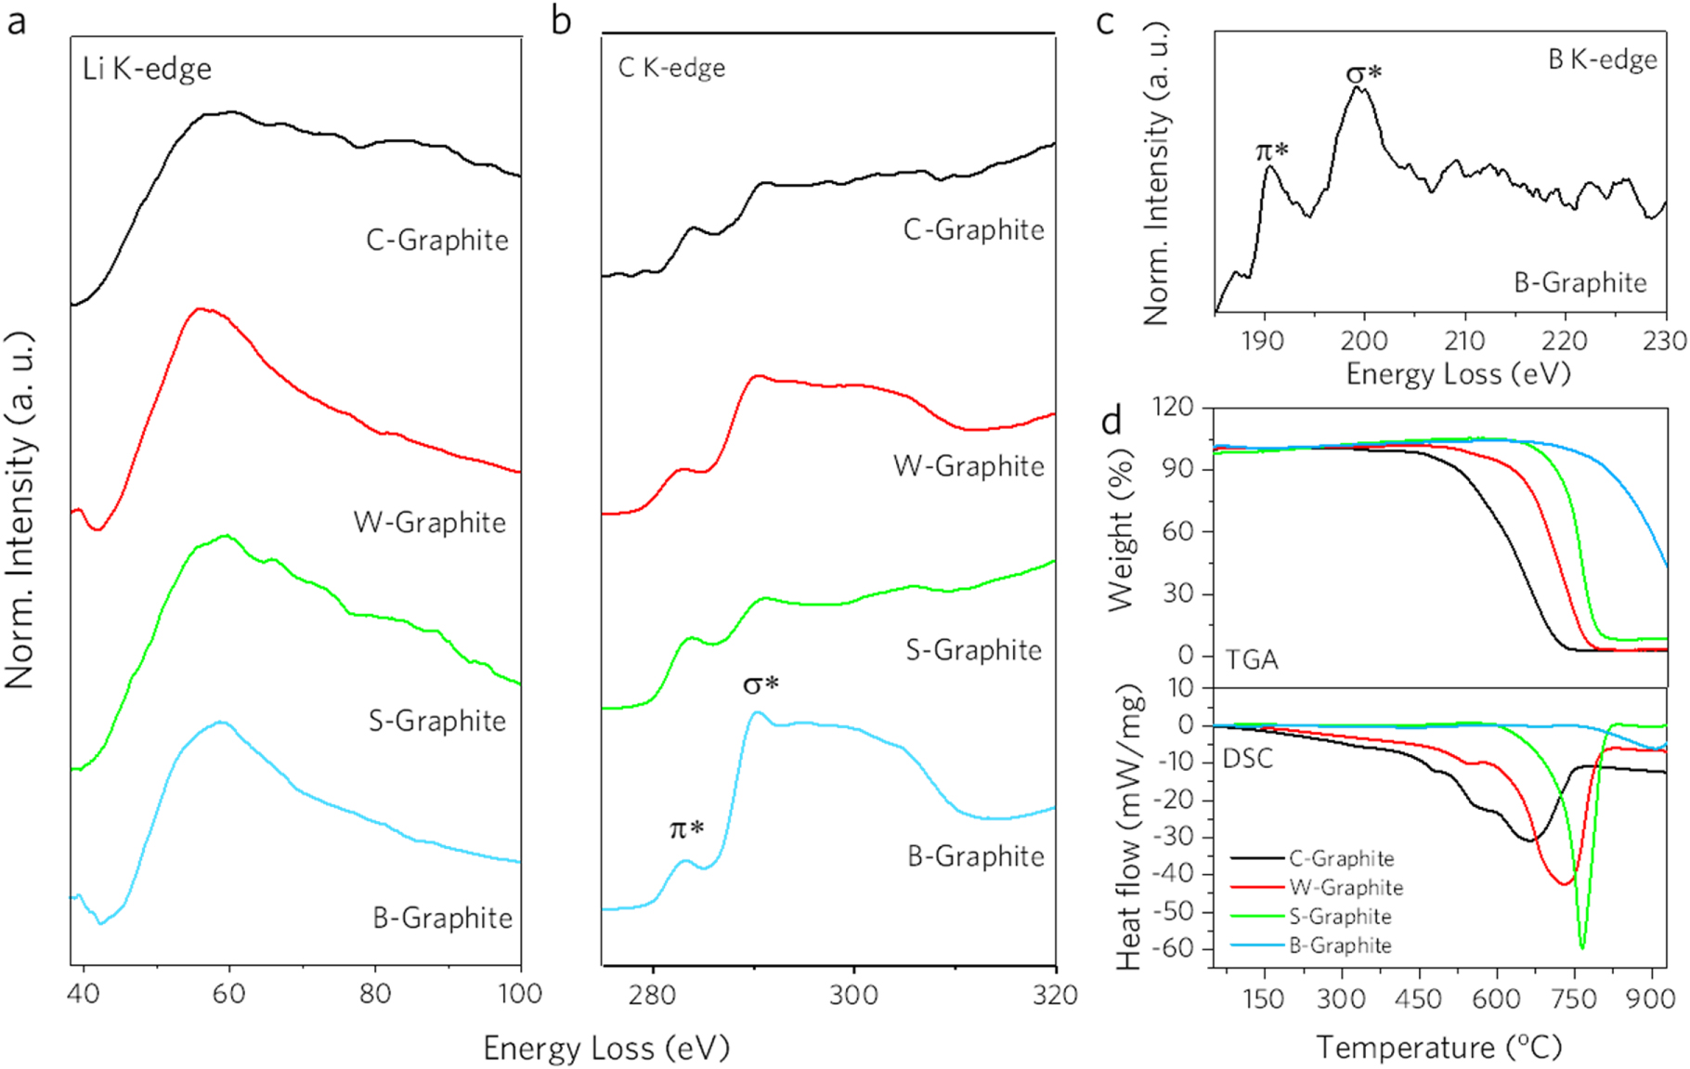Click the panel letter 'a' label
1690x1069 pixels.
point(16,20)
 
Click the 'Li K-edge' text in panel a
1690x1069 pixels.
point(147,70)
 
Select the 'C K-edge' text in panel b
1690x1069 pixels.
point(671,68)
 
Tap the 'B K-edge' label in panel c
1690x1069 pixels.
point(1602,60)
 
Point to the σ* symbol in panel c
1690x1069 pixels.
point(1363,73)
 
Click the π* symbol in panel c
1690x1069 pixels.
point(1271,150)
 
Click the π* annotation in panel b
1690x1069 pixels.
point(686,828)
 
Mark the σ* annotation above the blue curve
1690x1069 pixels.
point(760,685)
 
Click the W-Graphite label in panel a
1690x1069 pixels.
point(430,523)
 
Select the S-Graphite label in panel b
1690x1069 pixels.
point(973,650)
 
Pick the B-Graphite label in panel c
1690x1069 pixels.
point(1580,282)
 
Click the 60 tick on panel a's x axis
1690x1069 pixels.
point(228,995)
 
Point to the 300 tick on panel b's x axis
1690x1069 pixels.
point(853,996)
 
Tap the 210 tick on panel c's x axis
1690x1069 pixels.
point(1463,341)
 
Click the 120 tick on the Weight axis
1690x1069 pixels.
point(1172,408)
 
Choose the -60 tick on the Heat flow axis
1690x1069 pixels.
point(1173,949)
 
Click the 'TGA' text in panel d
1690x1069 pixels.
point(1251,659)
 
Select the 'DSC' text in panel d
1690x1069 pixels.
point(1247,759)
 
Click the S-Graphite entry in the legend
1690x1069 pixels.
point(1340,917)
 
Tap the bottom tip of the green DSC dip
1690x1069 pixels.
point(1582,947)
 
